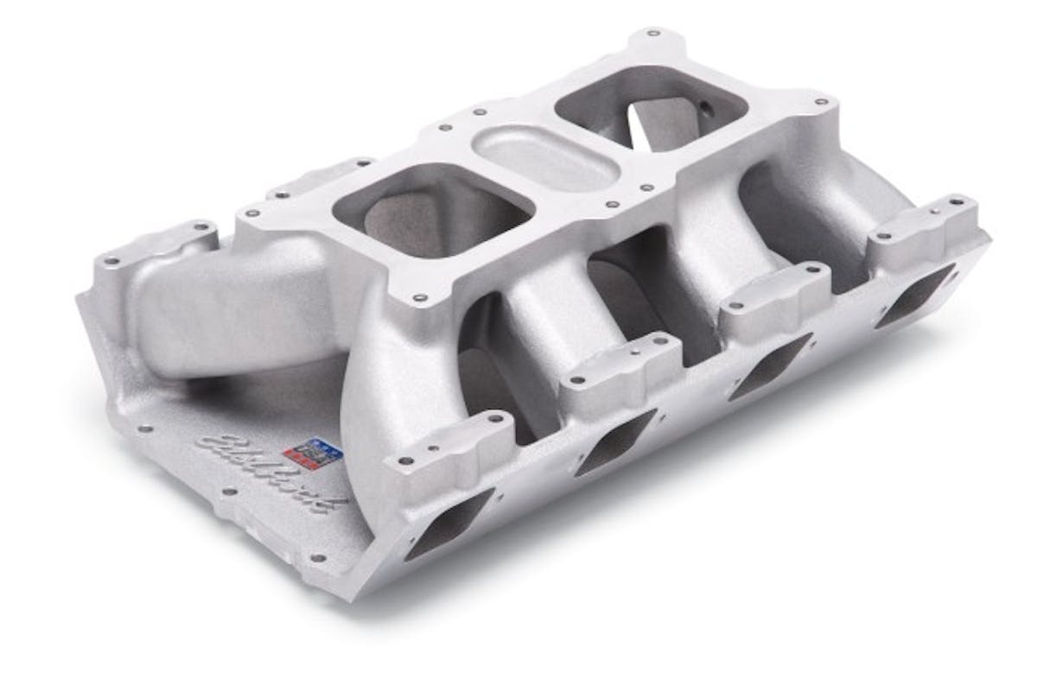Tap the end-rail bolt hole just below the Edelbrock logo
226,493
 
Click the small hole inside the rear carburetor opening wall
703,109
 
